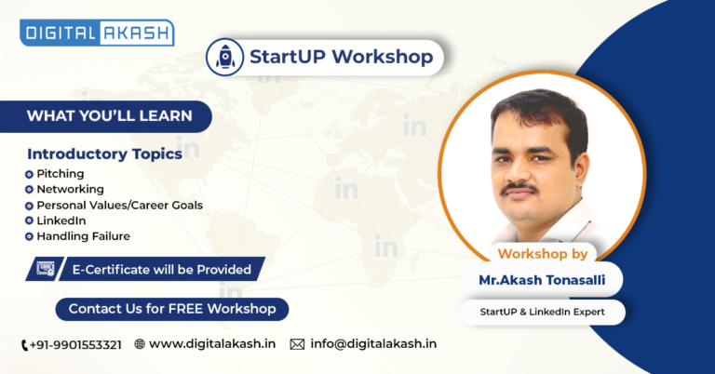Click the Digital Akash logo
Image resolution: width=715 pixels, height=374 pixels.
pyautogui.click(x=97, y=33)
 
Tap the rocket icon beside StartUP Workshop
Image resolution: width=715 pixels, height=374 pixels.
pyautogui.click(x=224, y=57)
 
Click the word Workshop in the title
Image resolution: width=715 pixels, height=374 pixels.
pyautogui.click(x=383, y=57)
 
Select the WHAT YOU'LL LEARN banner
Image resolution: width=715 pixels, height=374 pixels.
pyautogui.click(x=106, y=116)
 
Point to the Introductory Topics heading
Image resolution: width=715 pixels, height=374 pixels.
pyautogui.click(x=105, y=154)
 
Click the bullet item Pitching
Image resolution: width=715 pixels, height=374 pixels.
pyautogui.click(x=61, y=174)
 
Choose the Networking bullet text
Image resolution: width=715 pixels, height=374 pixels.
pyautogui.click(x=70, y=189)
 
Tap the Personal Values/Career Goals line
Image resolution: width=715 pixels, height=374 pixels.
pyautogui.click(x=119, y=205)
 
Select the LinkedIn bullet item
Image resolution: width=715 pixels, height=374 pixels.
pyautogui.click(x=61, y=220)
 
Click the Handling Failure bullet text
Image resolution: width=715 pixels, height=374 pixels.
pyautogui.click(x=84, y=236)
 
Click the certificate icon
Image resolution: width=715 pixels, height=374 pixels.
pyautogui.click(x=45, y=269)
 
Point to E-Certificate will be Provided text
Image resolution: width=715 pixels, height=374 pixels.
pyautogui.click(x=162, y=270)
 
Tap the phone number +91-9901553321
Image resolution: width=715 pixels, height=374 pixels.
pyautogui.click(x=75, y=345)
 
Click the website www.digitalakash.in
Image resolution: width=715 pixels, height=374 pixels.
pyautogui.click(x=212, y=344)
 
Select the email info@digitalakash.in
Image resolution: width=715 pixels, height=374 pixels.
pyautogui.click(x=373, y=344)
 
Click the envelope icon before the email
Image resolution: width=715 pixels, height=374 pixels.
pyautogui.click(x=297, y=344)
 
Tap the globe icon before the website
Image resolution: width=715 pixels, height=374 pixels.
pyautogui.click(x=140, y=344)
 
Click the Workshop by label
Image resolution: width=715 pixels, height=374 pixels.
pyautogui.click(x=543, y=254)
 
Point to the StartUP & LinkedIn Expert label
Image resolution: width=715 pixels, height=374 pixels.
pyautogui.click(x=542, y=312)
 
